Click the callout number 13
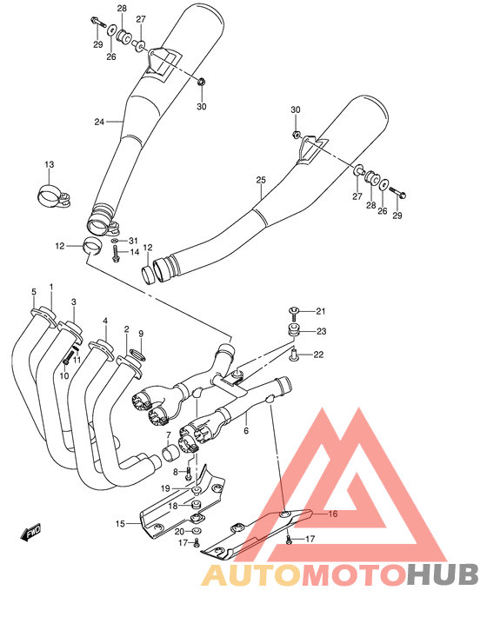tap(49, 165)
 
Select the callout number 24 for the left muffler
tap(99, 122)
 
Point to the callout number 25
tap(260, 181)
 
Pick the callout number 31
tap(133, 241)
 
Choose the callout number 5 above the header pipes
tap(34, 291)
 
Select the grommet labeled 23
tap(293, 329)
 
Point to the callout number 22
tap(319, 354)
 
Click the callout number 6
tap(246, 430)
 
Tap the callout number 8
tap(175, 472)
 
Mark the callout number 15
tap(120, 523)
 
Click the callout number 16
tap(331, 514)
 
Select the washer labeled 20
tap(197, 531)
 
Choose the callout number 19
tap(164, 489)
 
